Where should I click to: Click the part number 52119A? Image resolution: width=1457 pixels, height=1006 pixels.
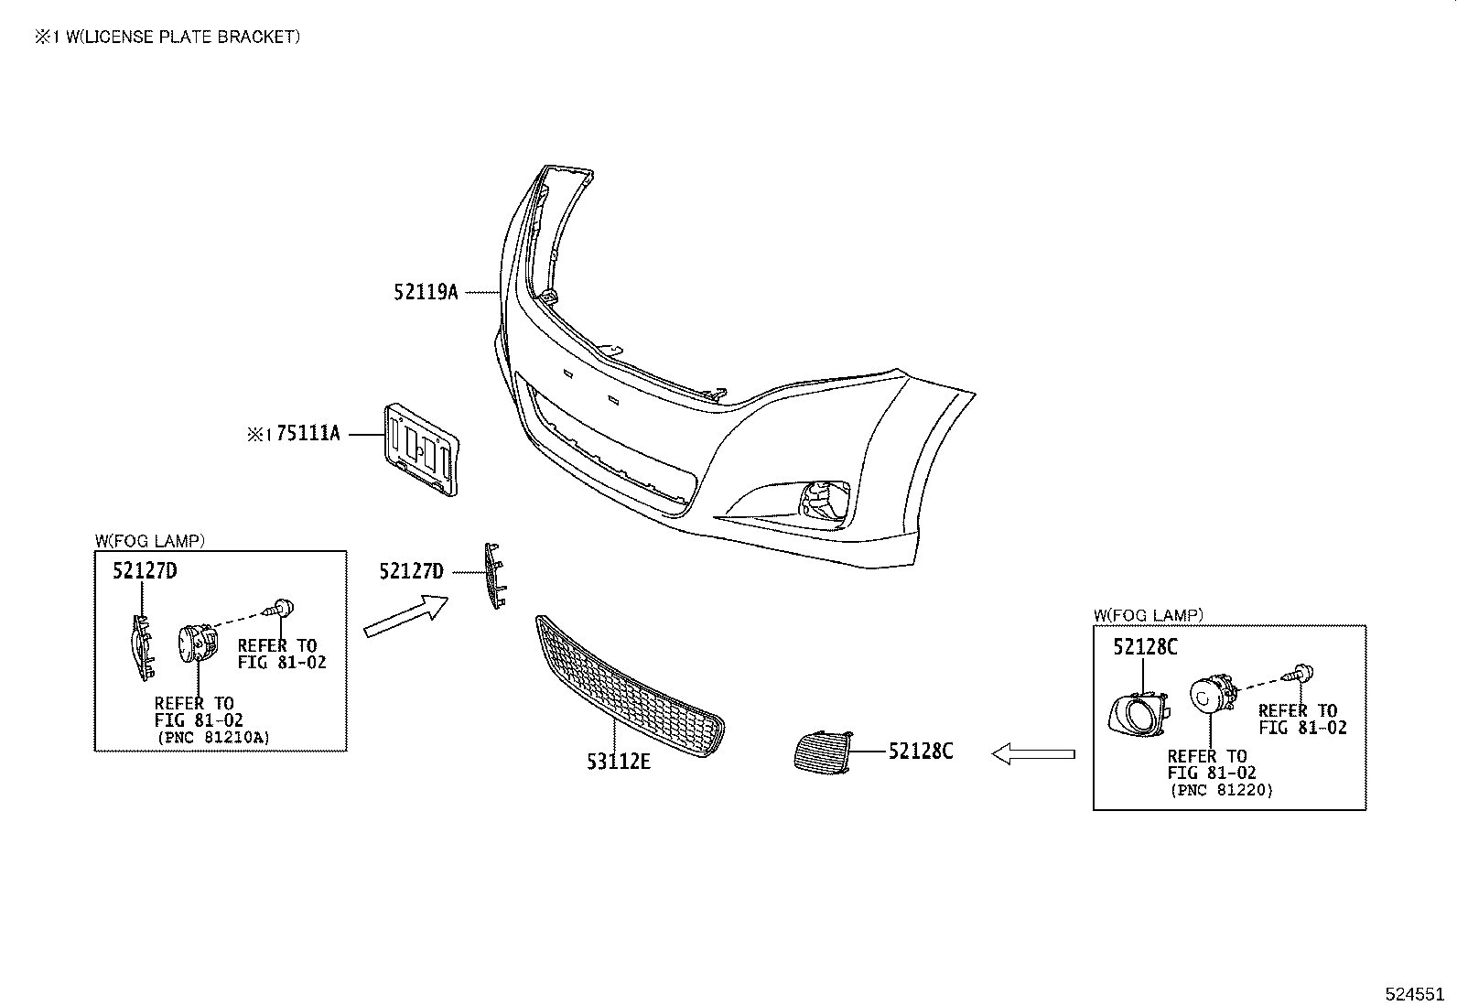tap(426, 293)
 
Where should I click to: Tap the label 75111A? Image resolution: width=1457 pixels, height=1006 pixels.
tap(308, 434)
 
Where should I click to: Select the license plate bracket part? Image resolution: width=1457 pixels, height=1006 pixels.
tap(420, 449)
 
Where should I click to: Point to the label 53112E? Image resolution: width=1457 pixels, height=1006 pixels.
tap(619, 762)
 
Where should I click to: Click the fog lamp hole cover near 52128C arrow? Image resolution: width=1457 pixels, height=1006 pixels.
tap(823, 750)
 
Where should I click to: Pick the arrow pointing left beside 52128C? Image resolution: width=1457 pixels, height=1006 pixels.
tap(1032, 753)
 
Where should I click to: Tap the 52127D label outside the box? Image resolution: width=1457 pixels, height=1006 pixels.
tap(411, 572)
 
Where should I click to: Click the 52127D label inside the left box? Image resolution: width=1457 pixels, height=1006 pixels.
tap(145, 571)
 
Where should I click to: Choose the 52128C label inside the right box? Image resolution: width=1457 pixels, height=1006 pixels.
tap(1145, 647)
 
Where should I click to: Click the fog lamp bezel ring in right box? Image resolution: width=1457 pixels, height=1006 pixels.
tap(1137, 713)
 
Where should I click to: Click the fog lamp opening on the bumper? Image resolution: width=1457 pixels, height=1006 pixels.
tap(824, 501)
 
